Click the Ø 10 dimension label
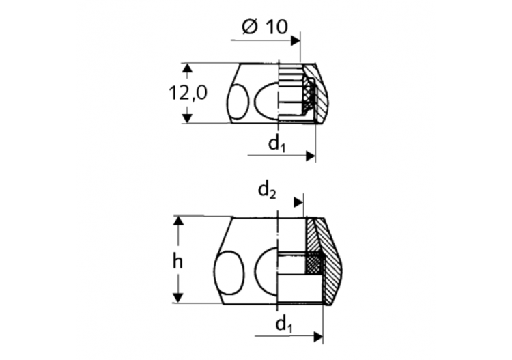[265, 27]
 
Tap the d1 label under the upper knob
[276, 143]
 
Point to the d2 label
[267, 191]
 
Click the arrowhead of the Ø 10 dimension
[296, 40]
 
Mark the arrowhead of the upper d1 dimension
[311, 156]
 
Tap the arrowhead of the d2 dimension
[299, 202]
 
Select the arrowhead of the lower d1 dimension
[318, 337]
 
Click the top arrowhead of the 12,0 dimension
[185, 68]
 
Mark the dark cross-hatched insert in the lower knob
[314, 264]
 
